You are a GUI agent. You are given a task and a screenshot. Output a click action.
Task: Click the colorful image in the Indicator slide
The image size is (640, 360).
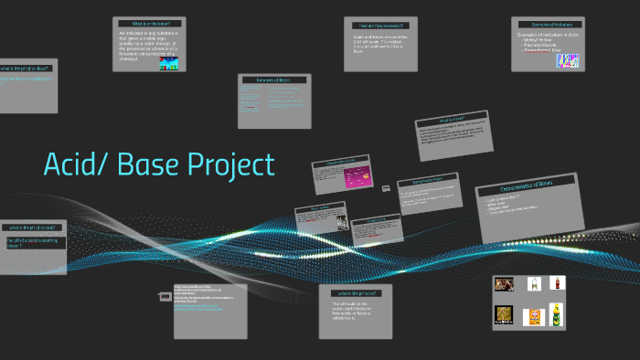[170, 62]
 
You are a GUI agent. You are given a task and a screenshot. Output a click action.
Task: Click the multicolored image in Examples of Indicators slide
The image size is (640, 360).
[569, 60]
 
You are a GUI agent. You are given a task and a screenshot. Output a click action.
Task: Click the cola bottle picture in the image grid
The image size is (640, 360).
[557, 283]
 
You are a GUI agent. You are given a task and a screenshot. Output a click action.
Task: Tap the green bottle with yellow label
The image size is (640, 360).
[557, 317]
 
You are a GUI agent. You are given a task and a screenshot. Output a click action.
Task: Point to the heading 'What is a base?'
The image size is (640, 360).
[453, 119]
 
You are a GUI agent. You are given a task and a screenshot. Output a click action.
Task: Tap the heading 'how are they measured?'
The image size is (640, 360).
[374, 25]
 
